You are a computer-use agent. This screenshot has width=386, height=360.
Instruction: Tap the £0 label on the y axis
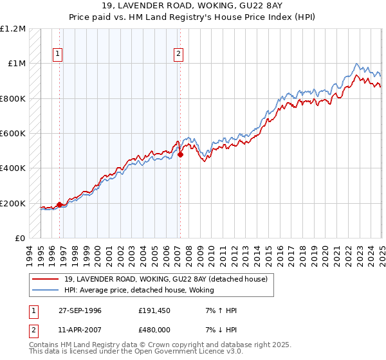[20, 239]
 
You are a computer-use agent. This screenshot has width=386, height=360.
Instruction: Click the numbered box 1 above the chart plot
[59, 55]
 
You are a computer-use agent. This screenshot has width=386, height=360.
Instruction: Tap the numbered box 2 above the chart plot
[178, 55]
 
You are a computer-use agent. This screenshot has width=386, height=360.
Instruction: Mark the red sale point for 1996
[60, 205]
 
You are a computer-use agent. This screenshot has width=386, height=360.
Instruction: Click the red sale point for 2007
[181, 154]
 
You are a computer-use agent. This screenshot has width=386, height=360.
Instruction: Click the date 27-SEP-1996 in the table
[80, 310]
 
